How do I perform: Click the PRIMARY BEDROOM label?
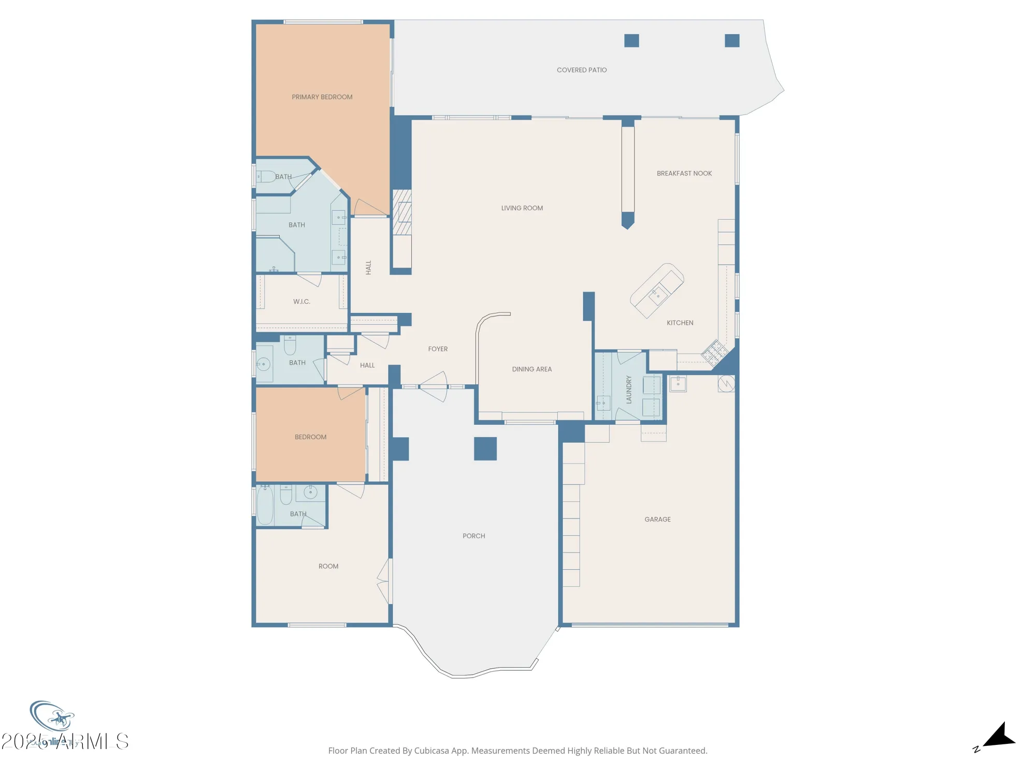point(322,97)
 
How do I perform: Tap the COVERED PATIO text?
point(581,70)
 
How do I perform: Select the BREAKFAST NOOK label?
point(684,174)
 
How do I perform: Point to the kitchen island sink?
point(658,296)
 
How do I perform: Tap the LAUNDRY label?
point(629,390)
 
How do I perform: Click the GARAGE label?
point(657,519)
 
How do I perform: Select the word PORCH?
point(473,536)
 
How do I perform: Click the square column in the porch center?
point(485,449)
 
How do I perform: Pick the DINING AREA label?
point(531,369)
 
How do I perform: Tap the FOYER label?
point(438,349)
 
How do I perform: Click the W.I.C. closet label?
point(301,301)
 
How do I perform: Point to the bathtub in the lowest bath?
point(265,505)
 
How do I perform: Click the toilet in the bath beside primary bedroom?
point(267,177)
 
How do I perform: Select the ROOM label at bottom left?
point(328,566)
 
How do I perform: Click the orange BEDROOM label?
point(310,437)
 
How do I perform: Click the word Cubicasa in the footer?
point(431,751)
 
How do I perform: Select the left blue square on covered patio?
point(631,41)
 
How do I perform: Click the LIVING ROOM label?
point(522,208)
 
